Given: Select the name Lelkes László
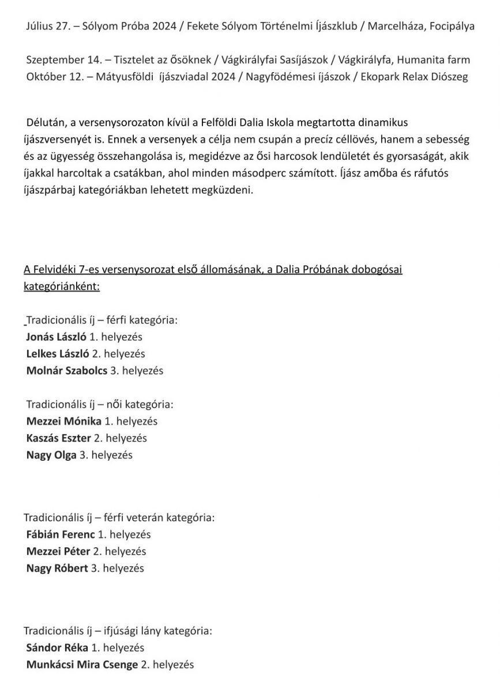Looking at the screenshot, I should pyautogui.click(x=58, y=353).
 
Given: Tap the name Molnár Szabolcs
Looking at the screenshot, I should pyautogui.click(x=67, y=371).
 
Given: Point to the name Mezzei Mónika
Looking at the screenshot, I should pyautogui.click(x=64, y=421).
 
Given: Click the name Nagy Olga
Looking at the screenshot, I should pyautogui.click(x=51, y=456).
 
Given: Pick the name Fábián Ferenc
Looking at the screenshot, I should pyautogui.click(x=61, y=535).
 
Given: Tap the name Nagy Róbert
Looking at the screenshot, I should pyautogui.click(x=57, y=569).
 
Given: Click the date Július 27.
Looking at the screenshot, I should pyautogui.click(x=44, y=27).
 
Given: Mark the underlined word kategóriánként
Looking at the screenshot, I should pyautogui.click(x=62, y=287).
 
